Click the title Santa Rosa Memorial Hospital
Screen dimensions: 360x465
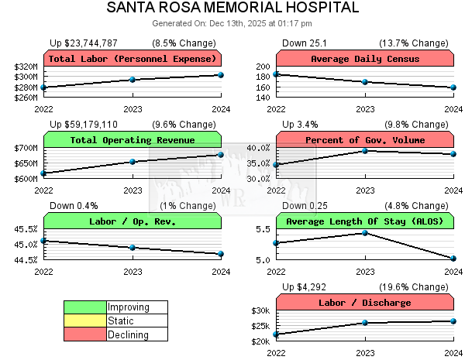point(232,8)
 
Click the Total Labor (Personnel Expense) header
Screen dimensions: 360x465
point(133,59)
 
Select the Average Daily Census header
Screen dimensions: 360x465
point(365,59)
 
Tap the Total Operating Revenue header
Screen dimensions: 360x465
point(133,140)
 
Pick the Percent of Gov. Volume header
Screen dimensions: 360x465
point(365,140)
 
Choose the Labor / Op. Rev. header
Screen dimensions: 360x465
point(133,221)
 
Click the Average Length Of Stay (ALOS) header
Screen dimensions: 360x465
point(365,221)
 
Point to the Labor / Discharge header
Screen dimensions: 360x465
point(365,303)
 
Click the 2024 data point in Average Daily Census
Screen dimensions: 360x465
point(453,87)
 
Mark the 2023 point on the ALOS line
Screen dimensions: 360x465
point(365,232)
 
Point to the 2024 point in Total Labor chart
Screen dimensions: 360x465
point(221,74)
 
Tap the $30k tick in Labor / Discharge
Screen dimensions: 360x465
point(260,310)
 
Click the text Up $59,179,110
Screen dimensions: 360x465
point(84,124)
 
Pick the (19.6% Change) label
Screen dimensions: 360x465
point(420,286)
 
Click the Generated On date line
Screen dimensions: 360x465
point(232,23)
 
